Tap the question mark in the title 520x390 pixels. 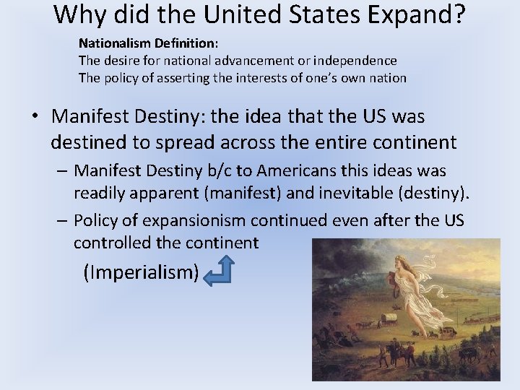(x=459, y=14)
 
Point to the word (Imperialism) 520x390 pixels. (x=141, y=272)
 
